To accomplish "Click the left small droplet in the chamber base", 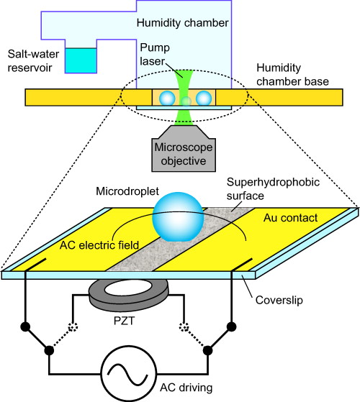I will pos(167,98).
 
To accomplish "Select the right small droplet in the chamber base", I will pos(204,98).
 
